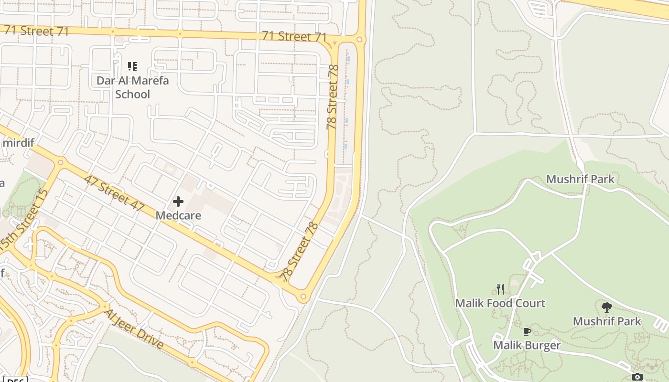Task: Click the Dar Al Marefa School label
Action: (x=132, y=87)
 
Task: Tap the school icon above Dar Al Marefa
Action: (x=132, y=66)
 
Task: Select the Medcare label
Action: (x=178, y=215)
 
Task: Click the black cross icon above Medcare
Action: (x=178, y=202)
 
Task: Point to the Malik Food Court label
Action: (x=500, y=303)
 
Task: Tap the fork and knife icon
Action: (x=500, y=289)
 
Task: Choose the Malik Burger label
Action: (x=527, y=345)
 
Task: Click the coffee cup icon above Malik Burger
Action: (x=527, y=331)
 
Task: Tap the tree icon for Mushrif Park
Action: (x=607, y=307)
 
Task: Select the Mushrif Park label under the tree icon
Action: (x=607, y=321)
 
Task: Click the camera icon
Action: (x=637, y=377)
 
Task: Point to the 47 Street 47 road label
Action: (x=114, y=193)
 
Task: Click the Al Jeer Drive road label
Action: (x=134, y=329)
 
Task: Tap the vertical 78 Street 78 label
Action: (x=333, y=97)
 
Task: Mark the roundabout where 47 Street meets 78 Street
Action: (x=303, y=297)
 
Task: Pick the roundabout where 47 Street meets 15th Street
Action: (x=61, y=163)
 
